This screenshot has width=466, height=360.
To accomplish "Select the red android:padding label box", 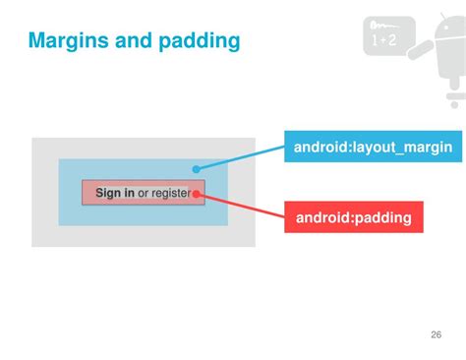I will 353,216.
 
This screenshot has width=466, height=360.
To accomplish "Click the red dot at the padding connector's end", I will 197,194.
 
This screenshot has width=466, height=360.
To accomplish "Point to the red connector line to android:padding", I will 241,205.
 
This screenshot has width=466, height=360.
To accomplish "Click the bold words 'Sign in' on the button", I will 114,193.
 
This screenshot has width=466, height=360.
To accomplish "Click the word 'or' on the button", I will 144,193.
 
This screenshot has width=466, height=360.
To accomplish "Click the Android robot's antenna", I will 438,20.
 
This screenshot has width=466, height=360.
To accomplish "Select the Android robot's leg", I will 453,98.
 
